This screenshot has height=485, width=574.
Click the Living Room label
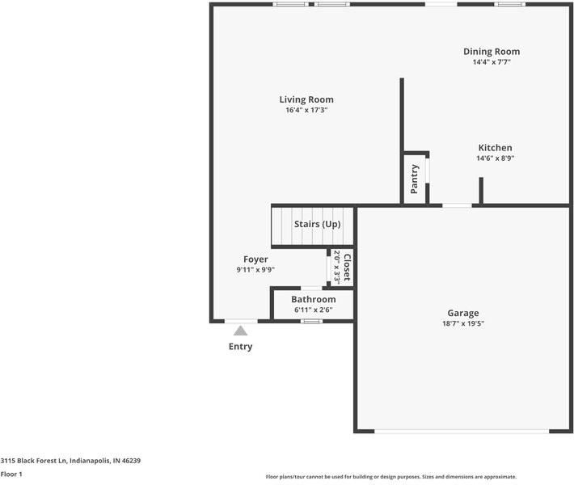(306, 99)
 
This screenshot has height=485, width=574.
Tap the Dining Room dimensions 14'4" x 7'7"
(492, 61)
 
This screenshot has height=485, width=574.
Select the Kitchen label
(495, 148)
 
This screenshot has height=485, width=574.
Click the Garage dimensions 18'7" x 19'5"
(463, 323)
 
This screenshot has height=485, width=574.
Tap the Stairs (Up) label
(317, 224)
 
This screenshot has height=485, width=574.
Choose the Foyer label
(255, 259)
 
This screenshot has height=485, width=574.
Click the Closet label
(347, 268)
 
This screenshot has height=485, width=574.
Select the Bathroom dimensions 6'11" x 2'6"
(313, 310)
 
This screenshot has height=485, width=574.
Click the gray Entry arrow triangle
(240, 330)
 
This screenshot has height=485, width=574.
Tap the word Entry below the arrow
(240, 347)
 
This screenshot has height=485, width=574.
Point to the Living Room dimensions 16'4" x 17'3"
(306, 110)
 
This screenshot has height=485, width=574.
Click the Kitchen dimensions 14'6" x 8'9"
(495, 158)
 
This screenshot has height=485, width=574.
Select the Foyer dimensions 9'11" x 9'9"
(255, 270)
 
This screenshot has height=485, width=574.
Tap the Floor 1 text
(11, 474)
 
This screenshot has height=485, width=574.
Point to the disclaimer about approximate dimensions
(391, 477)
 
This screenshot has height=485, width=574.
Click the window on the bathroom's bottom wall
(312, 322)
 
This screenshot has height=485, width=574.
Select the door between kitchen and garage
(457, 205)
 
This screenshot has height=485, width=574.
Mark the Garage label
(463, 313)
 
